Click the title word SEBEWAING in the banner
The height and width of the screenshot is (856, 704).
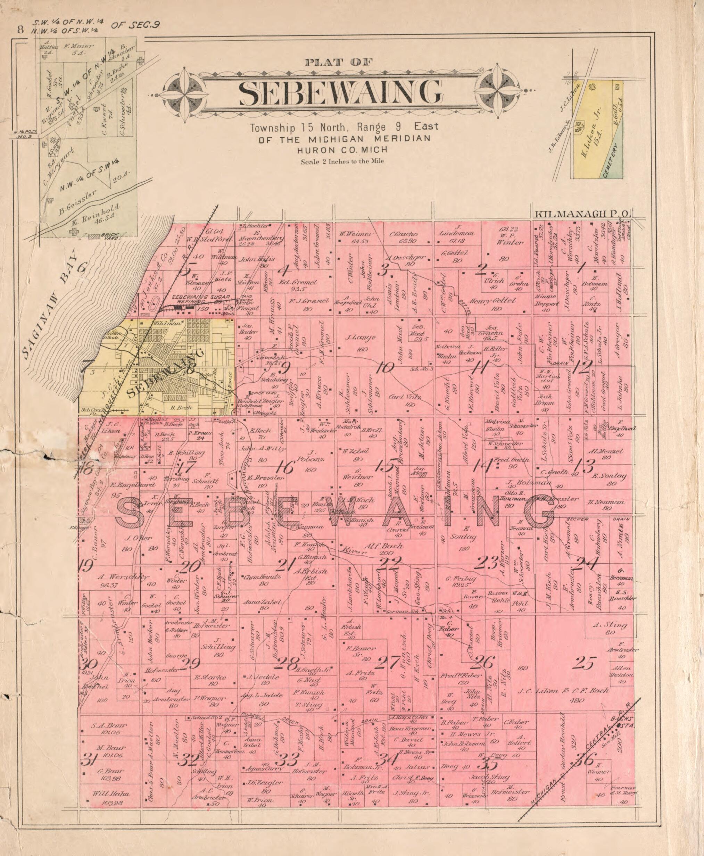pyautogui.click(x=340, y=92)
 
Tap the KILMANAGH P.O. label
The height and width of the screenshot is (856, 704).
pyautogui.click(x=582, y=214)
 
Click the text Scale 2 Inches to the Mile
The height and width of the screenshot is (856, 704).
pyautogui.click(x=342, y=161)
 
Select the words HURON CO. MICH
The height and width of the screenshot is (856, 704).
pyautogui.click(x=342, y=150)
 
